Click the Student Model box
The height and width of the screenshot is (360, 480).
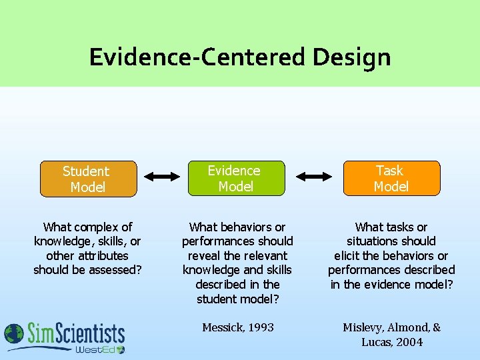(88, 179)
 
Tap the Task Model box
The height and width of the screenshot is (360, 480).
(391, 178)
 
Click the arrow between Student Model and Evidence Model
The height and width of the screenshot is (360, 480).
(162, 177)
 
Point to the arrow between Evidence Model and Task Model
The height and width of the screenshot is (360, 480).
(314, 177)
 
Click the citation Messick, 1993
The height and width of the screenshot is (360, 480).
(238, 327)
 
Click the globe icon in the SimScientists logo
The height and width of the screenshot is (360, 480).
(14, 334)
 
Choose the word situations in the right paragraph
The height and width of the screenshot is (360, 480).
(373, 241)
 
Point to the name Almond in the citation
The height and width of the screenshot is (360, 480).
(411, 327)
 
